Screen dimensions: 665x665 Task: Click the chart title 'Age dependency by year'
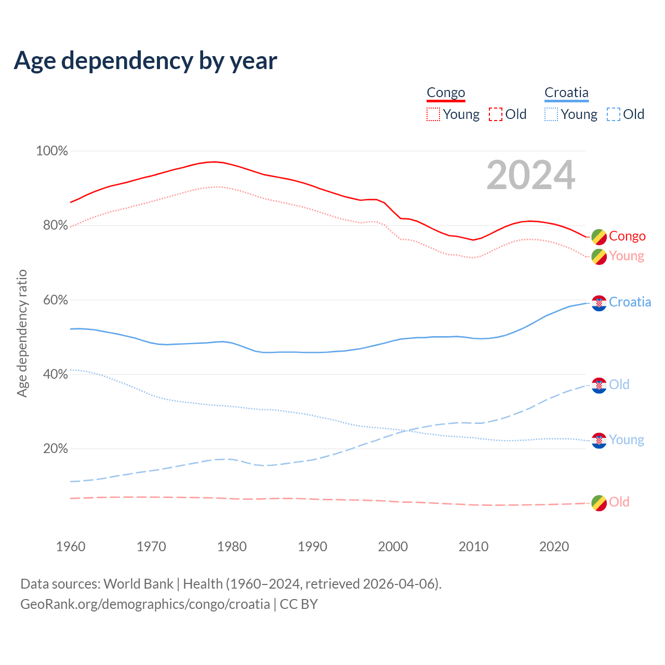[x=145, y=61]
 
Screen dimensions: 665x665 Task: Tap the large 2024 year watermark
[x=530, y=175]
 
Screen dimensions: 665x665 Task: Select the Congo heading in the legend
[x=446, y=93]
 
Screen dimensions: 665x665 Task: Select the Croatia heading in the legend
[x=566, y=93]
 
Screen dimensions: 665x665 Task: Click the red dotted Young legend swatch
[x=433, y=114]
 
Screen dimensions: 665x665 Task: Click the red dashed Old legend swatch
[x=496, y=114]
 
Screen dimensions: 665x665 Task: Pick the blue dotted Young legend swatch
[x=551, y=114]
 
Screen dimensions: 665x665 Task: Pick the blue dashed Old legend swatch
[x=613, y=114]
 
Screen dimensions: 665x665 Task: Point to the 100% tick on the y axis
[x=52, y=151]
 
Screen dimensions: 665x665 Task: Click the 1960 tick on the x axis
[x=71, y=547]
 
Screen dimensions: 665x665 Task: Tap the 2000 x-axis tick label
[x=393, y=547]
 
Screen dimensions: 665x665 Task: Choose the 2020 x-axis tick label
[x=554, y=547]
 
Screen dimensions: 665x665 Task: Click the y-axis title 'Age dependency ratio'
[x=22, y=333]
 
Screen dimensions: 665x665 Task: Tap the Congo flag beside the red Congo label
[x=599, y=237]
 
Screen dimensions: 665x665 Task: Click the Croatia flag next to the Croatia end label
[x=599, y=303]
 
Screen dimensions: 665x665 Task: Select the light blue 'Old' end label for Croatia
[x=619, y=384]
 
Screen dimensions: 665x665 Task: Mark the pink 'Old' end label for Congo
[x=619, y=502]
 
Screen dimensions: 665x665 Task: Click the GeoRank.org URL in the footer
[x=145, y=604]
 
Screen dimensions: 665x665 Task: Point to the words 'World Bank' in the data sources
[x=138, y=584]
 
